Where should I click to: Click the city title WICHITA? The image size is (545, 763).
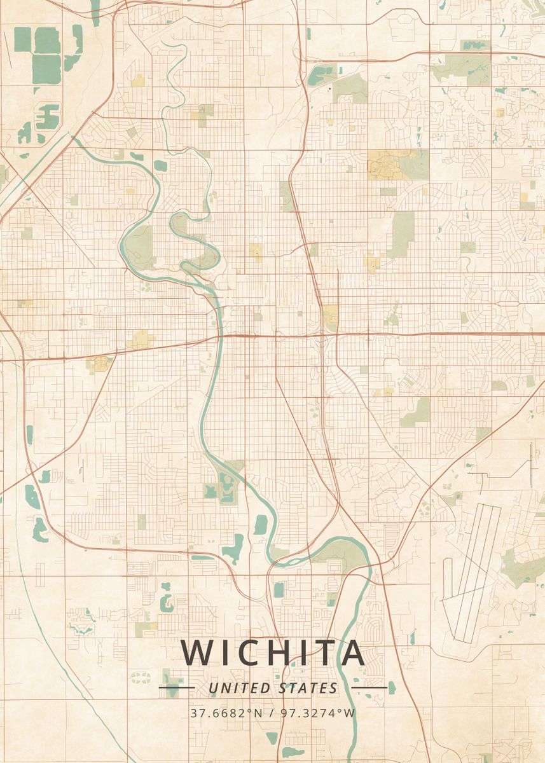click(273, 652)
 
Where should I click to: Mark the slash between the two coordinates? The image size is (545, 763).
click(271, 713)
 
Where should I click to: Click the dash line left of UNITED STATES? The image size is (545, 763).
click(176, 687)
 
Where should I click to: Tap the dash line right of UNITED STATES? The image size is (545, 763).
click(369, 687)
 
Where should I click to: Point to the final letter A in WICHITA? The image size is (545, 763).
click(350, 652)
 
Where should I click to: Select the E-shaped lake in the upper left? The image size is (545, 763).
click(48, 116)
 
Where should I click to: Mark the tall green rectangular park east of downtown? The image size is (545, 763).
click(402, 233)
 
